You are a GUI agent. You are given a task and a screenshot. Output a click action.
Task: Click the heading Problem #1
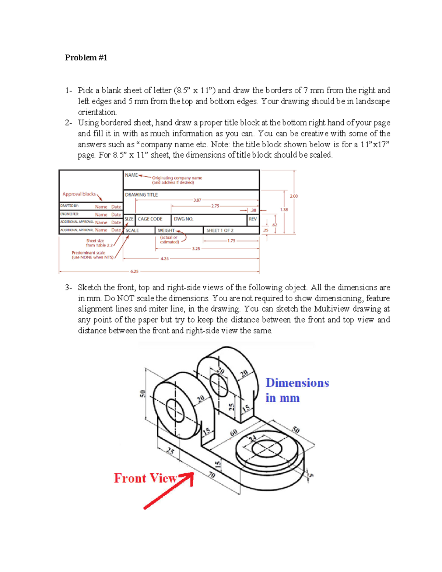(x=86, y=57)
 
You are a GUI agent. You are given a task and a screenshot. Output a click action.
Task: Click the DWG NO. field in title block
(x=183, y=219)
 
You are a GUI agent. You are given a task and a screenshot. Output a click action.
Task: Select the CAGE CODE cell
(x=150, y=219)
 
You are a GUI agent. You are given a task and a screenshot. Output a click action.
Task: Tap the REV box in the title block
(x=253, y=219)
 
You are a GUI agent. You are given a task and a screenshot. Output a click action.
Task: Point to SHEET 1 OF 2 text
(x=220, y=230)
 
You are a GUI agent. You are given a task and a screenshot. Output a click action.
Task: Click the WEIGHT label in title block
(x=166, y=230)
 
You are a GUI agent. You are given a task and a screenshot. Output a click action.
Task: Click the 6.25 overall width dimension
(x=134, y=271)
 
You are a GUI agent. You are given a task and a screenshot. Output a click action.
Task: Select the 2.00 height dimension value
(x=294, y=196)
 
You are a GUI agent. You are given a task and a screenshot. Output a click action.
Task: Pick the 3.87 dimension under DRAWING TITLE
(x=197, y=200)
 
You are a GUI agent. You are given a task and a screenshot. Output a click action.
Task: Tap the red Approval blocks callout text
(x=79, y=194)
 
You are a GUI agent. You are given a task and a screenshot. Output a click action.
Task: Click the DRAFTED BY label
(x=69, y=206)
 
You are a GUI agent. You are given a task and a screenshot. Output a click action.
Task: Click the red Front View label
(x=145, y=478)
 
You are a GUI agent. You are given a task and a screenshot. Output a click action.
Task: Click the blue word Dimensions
(x=297, y=383)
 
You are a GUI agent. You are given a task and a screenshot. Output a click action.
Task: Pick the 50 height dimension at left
(x=142, y=394)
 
